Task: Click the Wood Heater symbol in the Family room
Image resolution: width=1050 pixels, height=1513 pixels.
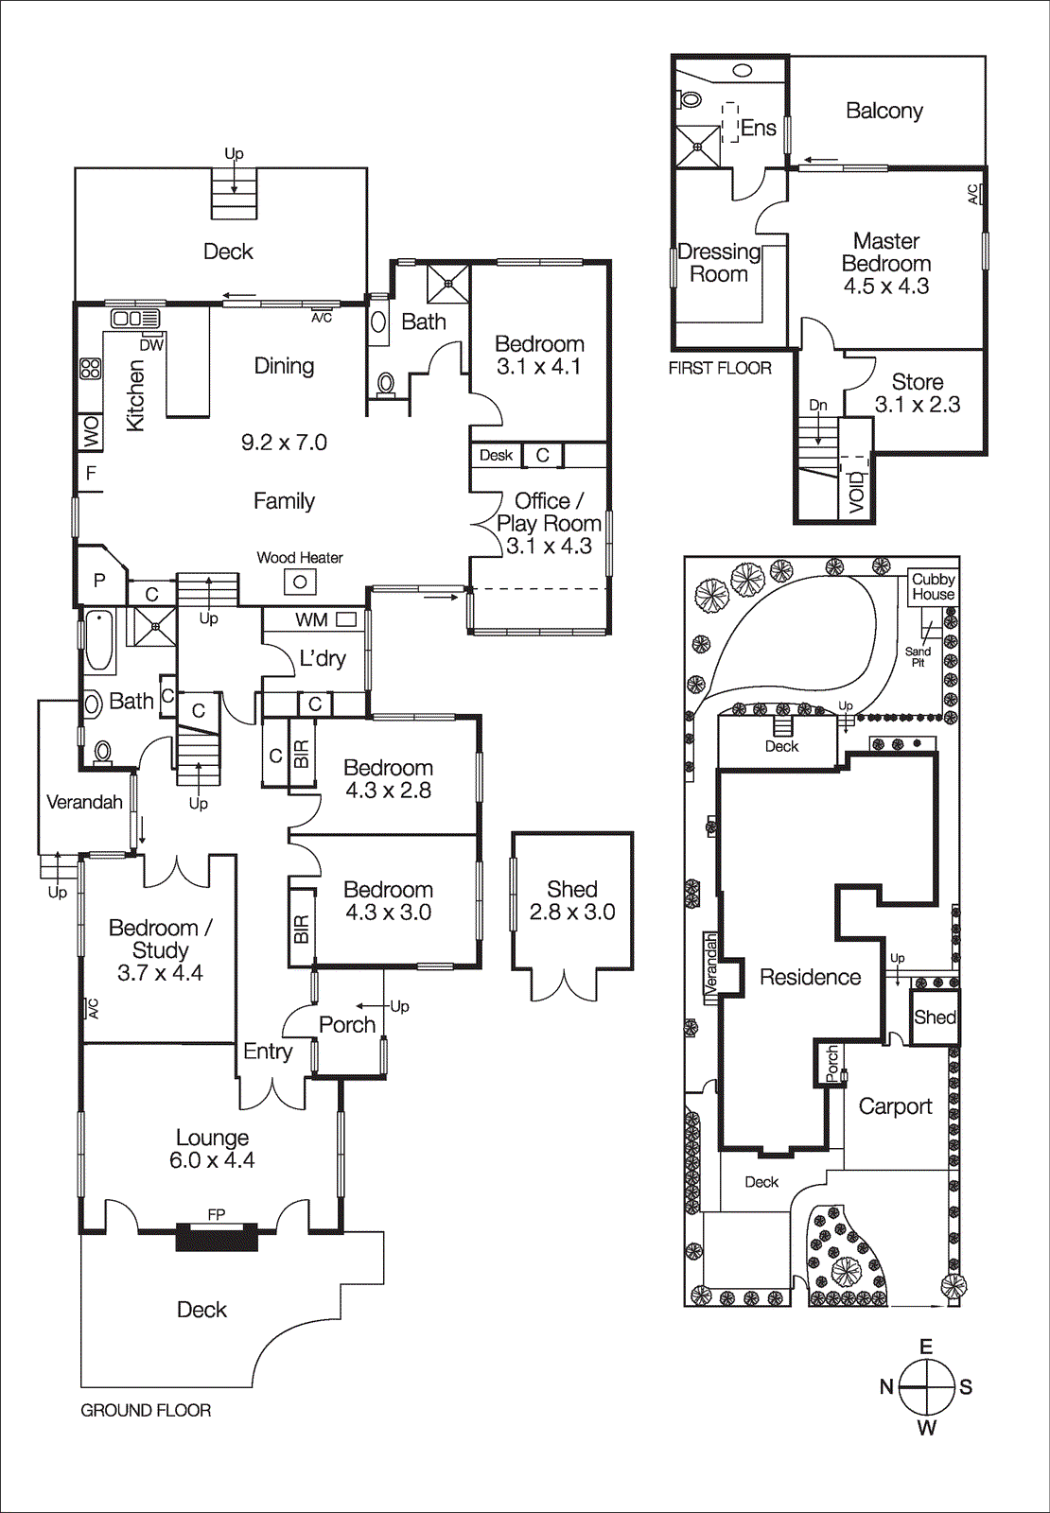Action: coord(300,582)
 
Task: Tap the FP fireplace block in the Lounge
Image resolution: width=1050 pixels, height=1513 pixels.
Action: coord(217,1236)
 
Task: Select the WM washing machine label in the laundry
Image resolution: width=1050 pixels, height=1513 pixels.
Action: coord(311,619)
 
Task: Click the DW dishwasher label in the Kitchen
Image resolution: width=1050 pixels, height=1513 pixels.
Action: coord(151,345)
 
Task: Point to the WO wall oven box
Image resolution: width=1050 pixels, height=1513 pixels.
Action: coord(91,431)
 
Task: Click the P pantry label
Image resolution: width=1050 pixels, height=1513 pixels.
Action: coord(99,581)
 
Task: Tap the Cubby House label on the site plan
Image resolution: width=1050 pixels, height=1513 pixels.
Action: coord(933,586)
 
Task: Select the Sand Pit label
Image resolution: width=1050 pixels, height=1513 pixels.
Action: coord(918,656)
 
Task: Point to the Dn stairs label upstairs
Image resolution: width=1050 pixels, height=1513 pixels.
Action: coord(818,405)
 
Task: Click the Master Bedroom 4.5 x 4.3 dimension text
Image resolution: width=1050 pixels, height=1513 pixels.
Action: coord(886,286)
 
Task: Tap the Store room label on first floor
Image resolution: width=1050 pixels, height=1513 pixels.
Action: coord(917,382)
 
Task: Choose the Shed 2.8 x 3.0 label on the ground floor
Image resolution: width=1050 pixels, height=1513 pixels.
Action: coord(572,900)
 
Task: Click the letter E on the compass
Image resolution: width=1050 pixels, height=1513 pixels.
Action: coord(926,1347)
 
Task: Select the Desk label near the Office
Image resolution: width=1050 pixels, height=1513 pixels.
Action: coord(496,455)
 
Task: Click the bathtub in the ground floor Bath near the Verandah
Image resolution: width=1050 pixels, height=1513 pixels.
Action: coord(98,640)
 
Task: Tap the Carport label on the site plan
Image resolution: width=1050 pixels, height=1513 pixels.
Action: coord(895,1106)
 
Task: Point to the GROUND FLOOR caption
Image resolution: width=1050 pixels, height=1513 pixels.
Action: coord(146,1410)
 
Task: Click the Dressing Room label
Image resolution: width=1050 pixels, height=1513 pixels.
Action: coord(719,263)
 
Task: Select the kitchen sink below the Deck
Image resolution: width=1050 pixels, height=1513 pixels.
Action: coord(135,319)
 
